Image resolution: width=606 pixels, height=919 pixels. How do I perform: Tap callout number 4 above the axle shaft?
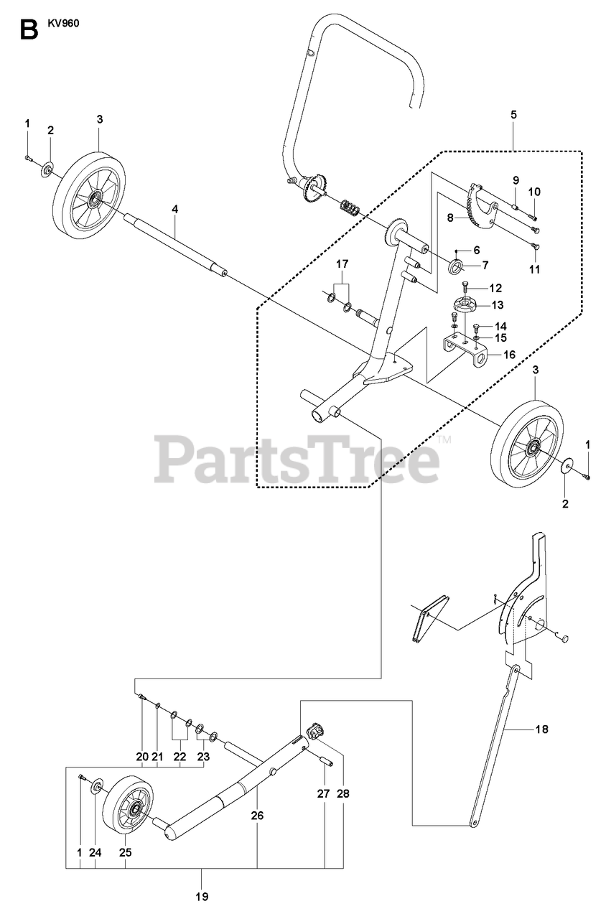(x=174, y=208)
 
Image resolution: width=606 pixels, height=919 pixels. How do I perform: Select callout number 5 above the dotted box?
(x=513, y=114)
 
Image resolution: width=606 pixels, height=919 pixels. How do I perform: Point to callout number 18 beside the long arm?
(x=541, y=729)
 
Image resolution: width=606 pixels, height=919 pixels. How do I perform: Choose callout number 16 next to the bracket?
(x=509, y=354)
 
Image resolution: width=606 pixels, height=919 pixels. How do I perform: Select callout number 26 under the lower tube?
(x=258, y=816)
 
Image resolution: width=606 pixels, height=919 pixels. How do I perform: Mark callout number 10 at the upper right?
(x=535, y=192)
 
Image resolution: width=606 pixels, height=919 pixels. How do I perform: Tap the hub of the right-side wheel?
(x=532, y=449)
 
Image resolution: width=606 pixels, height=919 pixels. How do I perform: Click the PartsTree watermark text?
(x=297, y=459)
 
